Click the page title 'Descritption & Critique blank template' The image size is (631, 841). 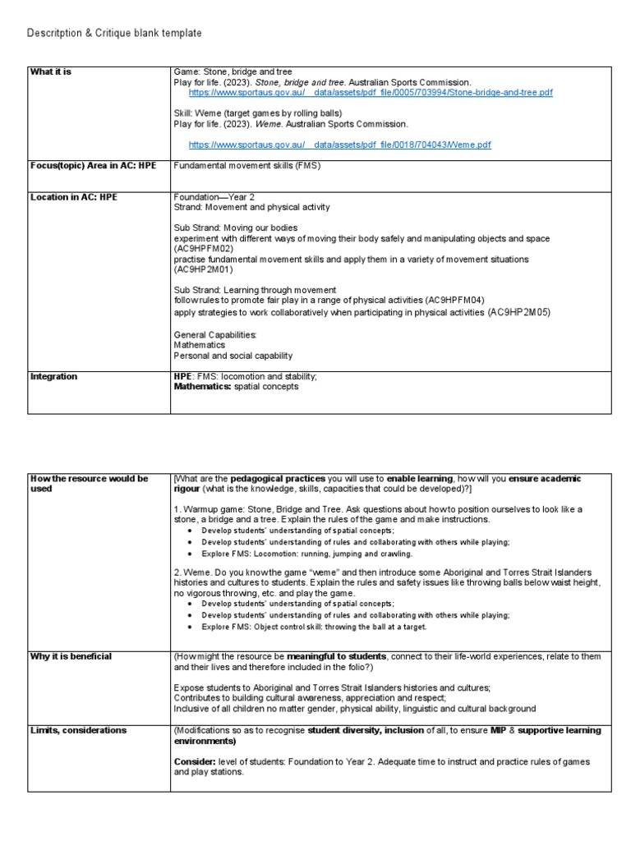click(114, 32)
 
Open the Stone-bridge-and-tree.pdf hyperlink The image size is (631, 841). click(371, 93)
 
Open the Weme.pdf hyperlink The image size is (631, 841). click(339, 145)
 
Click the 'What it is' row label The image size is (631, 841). click(51, 72)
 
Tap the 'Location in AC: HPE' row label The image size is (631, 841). click(74, 197)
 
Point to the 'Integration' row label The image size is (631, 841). click(53, 376)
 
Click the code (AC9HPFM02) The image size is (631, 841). click(204, 248)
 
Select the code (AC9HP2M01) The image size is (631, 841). click(204, 269)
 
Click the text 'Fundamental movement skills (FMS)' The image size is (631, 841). click(246, 165)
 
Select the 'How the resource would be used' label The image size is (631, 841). click(89, 483)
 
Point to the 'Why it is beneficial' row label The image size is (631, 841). click(71, 656)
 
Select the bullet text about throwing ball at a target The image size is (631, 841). click(314, 627)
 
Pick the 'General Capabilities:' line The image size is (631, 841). click(215, 335)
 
